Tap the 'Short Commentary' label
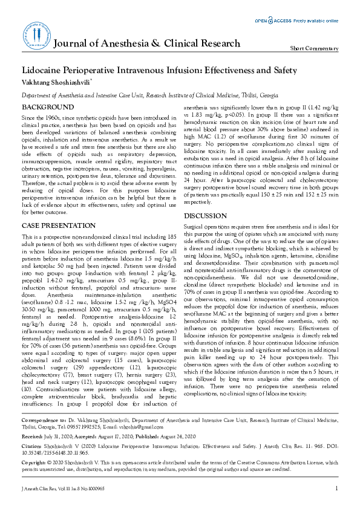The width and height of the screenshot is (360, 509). tap(314, 48)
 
